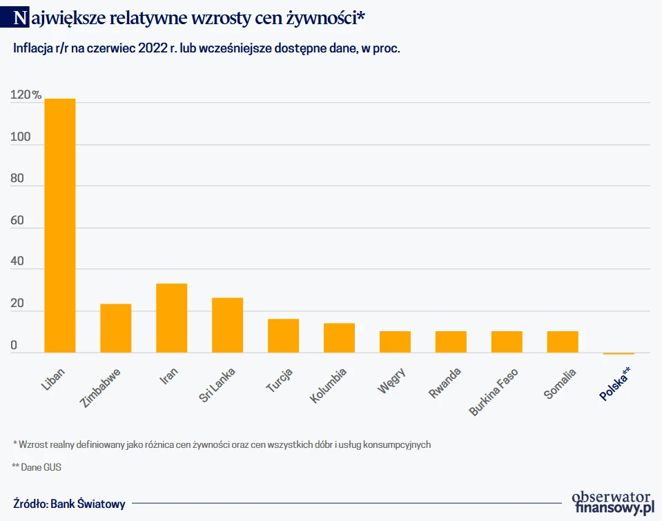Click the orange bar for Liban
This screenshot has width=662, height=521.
click(60, 226)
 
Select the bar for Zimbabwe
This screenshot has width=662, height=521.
click(116, 328)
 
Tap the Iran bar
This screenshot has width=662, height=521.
click(172, 318)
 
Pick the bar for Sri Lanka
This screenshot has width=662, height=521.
click(227, 325)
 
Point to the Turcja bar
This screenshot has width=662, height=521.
click(283, 335)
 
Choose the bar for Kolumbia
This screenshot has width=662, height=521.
click(339, 337)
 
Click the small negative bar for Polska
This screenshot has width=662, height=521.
click(618, 353)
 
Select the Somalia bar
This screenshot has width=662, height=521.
click(563, 342)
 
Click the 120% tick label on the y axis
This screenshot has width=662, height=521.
click(26, 96)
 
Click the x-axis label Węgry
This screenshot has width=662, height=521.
click(391, 381)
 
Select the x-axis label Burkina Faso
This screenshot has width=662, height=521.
click(494, 392)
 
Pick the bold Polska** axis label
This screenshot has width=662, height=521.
click(614, 384)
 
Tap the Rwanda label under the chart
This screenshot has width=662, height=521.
click(445, 383)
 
